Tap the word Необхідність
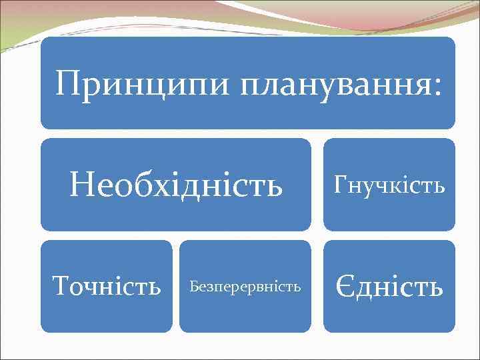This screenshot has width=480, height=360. coord(176,185)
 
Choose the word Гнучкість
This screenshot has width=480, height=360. coord(389,185)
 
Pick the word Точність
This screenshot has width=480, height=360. coord(107,287)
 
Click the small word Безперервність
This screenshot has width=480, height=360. coord(245,287)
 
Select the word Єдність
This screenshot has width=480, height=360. coord(389,287)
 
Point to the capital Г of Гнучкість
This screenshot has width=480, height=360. coord(341,184)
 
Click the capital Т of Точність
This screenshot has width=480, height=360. coord(61,287)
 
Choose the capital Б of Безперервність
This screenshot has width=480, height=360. coord(193,287)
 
